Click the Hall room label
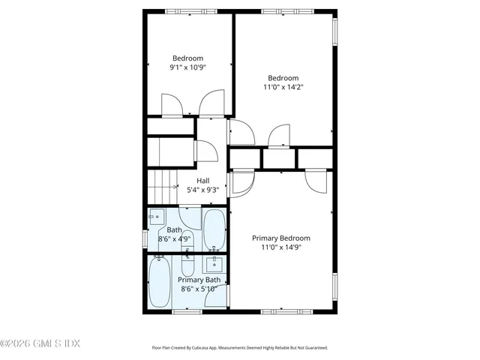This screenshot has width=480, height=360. pos(203,181)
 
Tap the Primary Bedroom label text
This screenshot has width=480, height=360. pos(286,238)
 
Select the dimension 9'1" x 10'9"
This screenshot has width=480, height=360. pos(187,67)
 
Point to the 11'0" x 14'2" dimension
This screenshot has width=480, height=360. pos(283,87)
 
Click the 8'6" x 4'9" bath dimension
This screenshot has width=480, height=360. pos(174,239)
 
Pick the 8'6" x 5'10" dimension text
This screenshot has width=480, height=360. pos(197,289)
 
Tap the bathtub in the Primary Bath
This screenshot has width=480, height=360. pos(158,282)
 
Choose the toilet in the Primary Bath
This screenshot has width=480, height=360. pos(188,265)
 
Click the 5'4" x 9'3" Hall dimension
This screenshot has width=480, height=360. pos(202,190)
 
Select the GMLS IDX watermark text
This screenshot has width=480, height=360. pos(40,343)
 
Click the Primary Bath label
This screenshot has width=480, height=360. pos(199,280)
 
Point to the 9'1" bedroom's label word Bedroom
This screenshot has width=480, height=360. pos(187,58)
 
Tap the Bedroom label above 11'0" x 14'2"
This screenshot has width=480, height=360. pos(283,78)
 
